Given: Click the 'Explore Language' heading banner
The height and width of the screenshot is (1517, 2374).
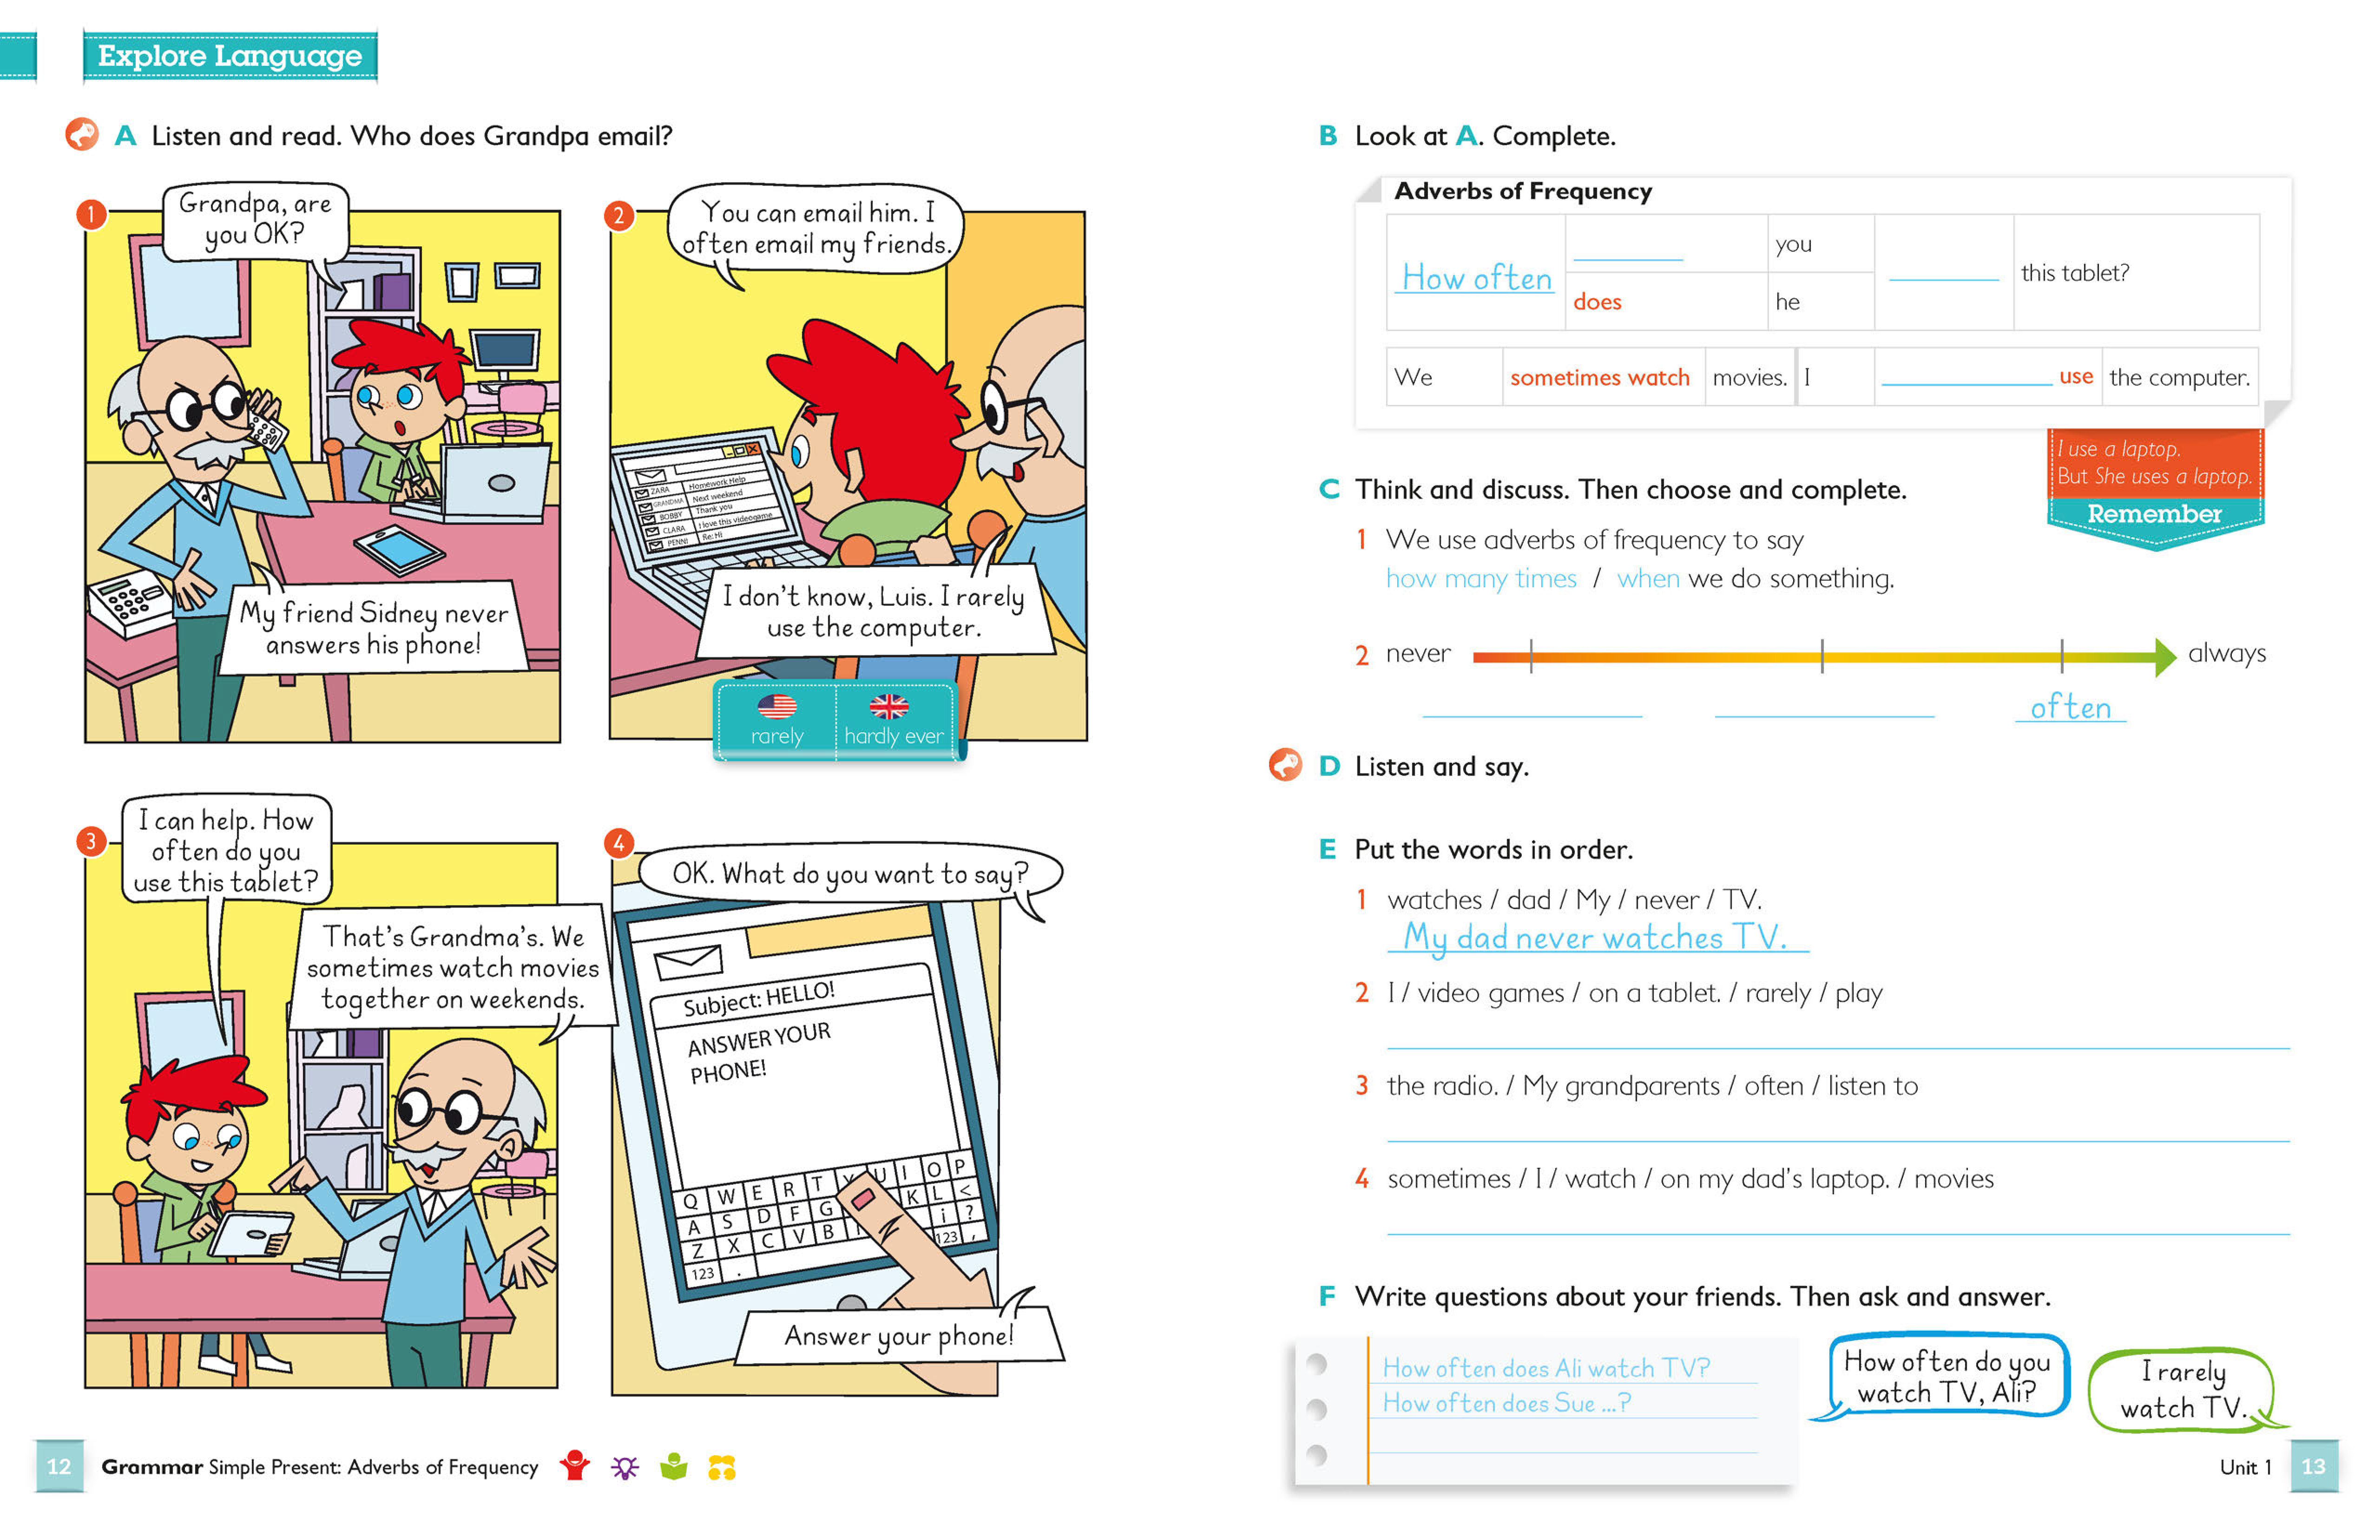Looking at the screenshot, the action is click(230, 56).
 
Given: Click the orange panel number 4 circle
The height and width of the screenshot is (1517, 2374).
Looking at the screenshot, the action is click(618, 844).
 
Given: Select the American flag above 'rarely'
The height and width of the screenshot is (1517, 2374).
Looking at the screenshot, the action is click(777, 706).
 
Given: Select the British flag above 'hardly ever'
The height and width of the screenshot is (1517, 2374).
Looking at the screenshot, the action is click(888, 706).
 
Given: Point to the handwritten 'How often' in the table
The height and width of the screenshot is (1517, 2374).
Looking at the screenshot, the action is click(1476, 279).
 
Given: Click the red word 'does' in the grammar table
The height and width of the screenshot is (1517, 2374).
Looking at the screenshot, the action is click(1597, 302).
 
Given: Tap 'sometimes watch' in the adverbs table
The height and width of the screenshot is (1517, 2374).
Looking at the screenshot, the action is click(1599, 378).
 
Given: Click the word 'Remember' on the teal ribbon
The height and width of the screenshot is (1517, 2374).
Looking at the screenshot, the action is click(2154, 513).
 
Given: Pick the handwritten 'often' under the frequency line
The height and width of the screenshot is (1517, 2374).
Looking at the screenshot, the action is click(2071, 707).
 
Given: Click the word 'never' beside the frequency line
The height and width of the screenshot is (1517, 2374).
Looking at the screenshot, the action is click(1418, 654).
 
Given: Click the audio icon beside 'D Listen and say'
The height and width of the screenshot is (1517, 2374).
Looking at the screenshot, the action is click(1285, 765).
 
